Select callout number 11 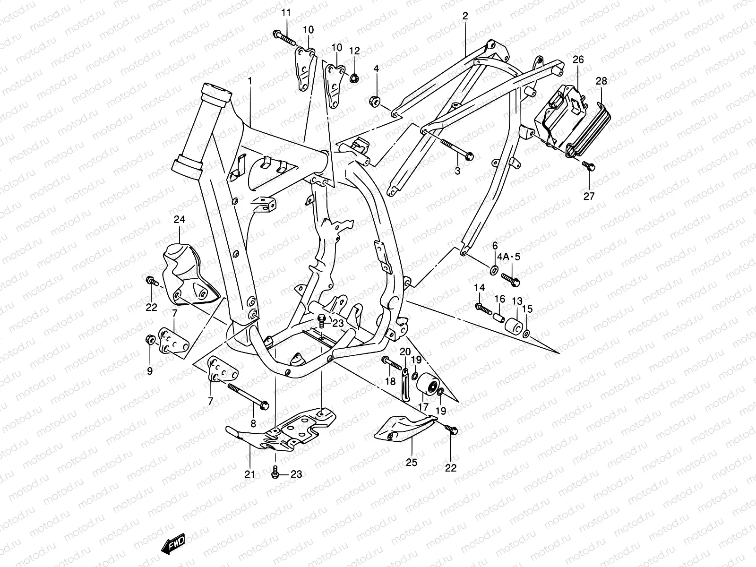tap(286, 13)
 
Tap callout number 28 tap(601, 81)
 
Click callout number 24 tap(179, 219)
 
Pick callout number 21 tap(249, 474)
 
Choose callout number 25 tap(411, 463)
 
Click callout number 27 tap(589, 196)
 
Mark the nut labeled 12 tap(354, 79)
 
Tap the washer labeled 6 tap(493, 270)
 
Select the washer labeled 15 tap(526, 334)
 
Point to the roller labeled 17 tap(427, 385)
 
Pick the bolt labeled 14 tap(483, 309)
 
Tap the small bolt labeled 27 tap(589, 166)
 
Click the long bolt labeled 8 tap(249, 396)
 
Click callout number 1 tap(249, 81)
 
